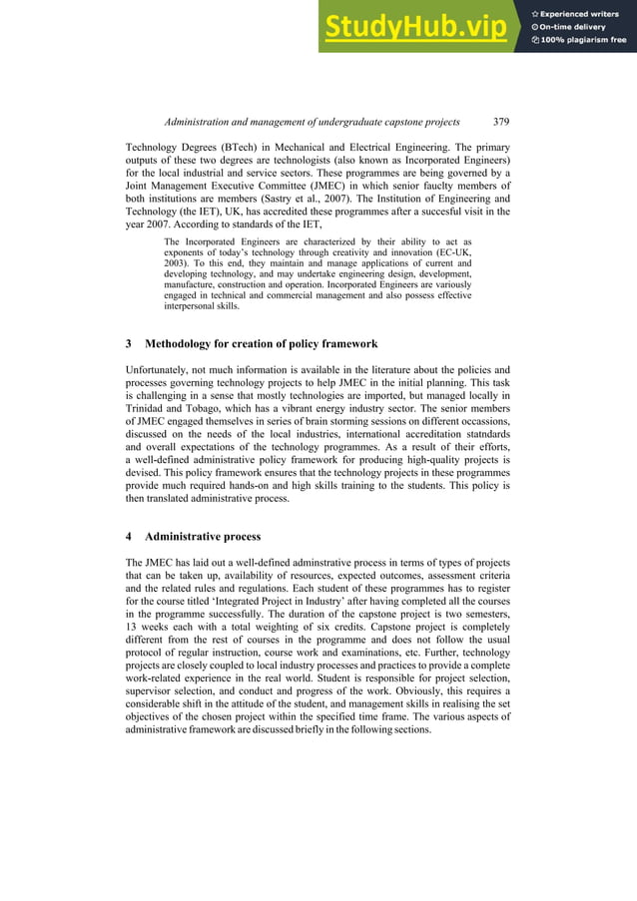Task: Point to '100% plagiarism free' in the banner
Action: click(580, 40)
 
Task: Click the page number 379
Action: click(501, 122)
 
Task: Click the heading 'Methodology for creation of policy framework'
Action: click(261, 344)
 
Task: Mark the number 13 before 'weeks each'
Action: click(133, 628)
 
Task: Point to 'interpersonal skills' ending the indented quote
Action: click(209, 307)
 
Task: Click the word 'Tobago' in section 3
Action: click(218, 408)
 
